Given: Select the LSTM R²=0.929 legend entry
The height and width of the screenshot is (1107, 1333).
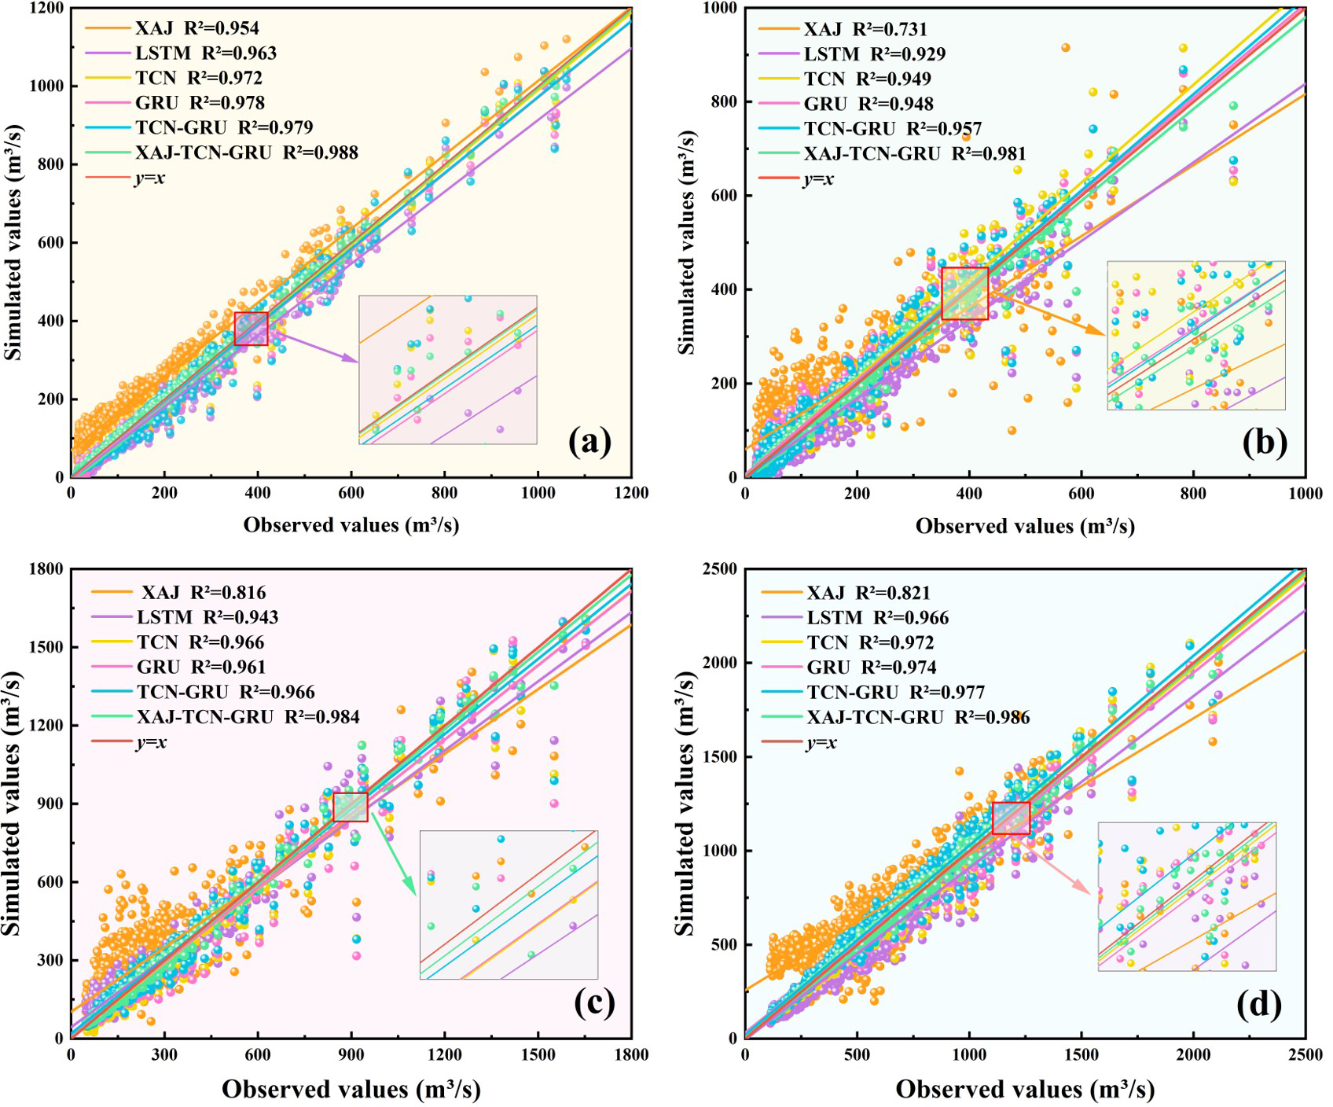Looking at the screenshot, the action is coord(853,54).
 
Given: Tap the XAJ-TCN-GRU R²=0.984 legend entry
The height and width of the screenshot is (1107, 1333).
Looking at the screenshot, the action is coord(226,717).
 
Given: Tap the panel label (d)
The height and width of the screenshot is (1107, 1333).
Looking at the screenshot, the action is coord(1258,1004).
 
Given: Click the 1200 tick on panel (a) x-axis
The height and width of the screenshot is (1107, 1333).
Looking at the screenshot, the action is coord(631,493).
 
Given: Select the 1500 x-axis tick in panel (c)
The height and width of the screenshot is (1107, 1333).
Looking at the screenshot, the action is coord(538,1054).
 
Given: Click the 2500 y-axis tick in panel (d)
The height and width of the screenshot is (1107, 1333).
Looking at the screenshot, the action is coord(721,569).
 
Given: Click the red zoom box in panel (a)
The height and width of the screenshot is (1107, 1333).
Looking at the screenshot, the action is coord(251,329).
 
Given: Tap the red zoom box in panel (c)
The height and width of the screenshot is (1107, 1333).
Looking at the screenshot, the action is coord(351,807).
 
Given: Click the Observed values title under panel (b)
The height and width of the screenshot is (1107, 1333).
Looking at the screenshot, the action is coord(1025,525).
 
